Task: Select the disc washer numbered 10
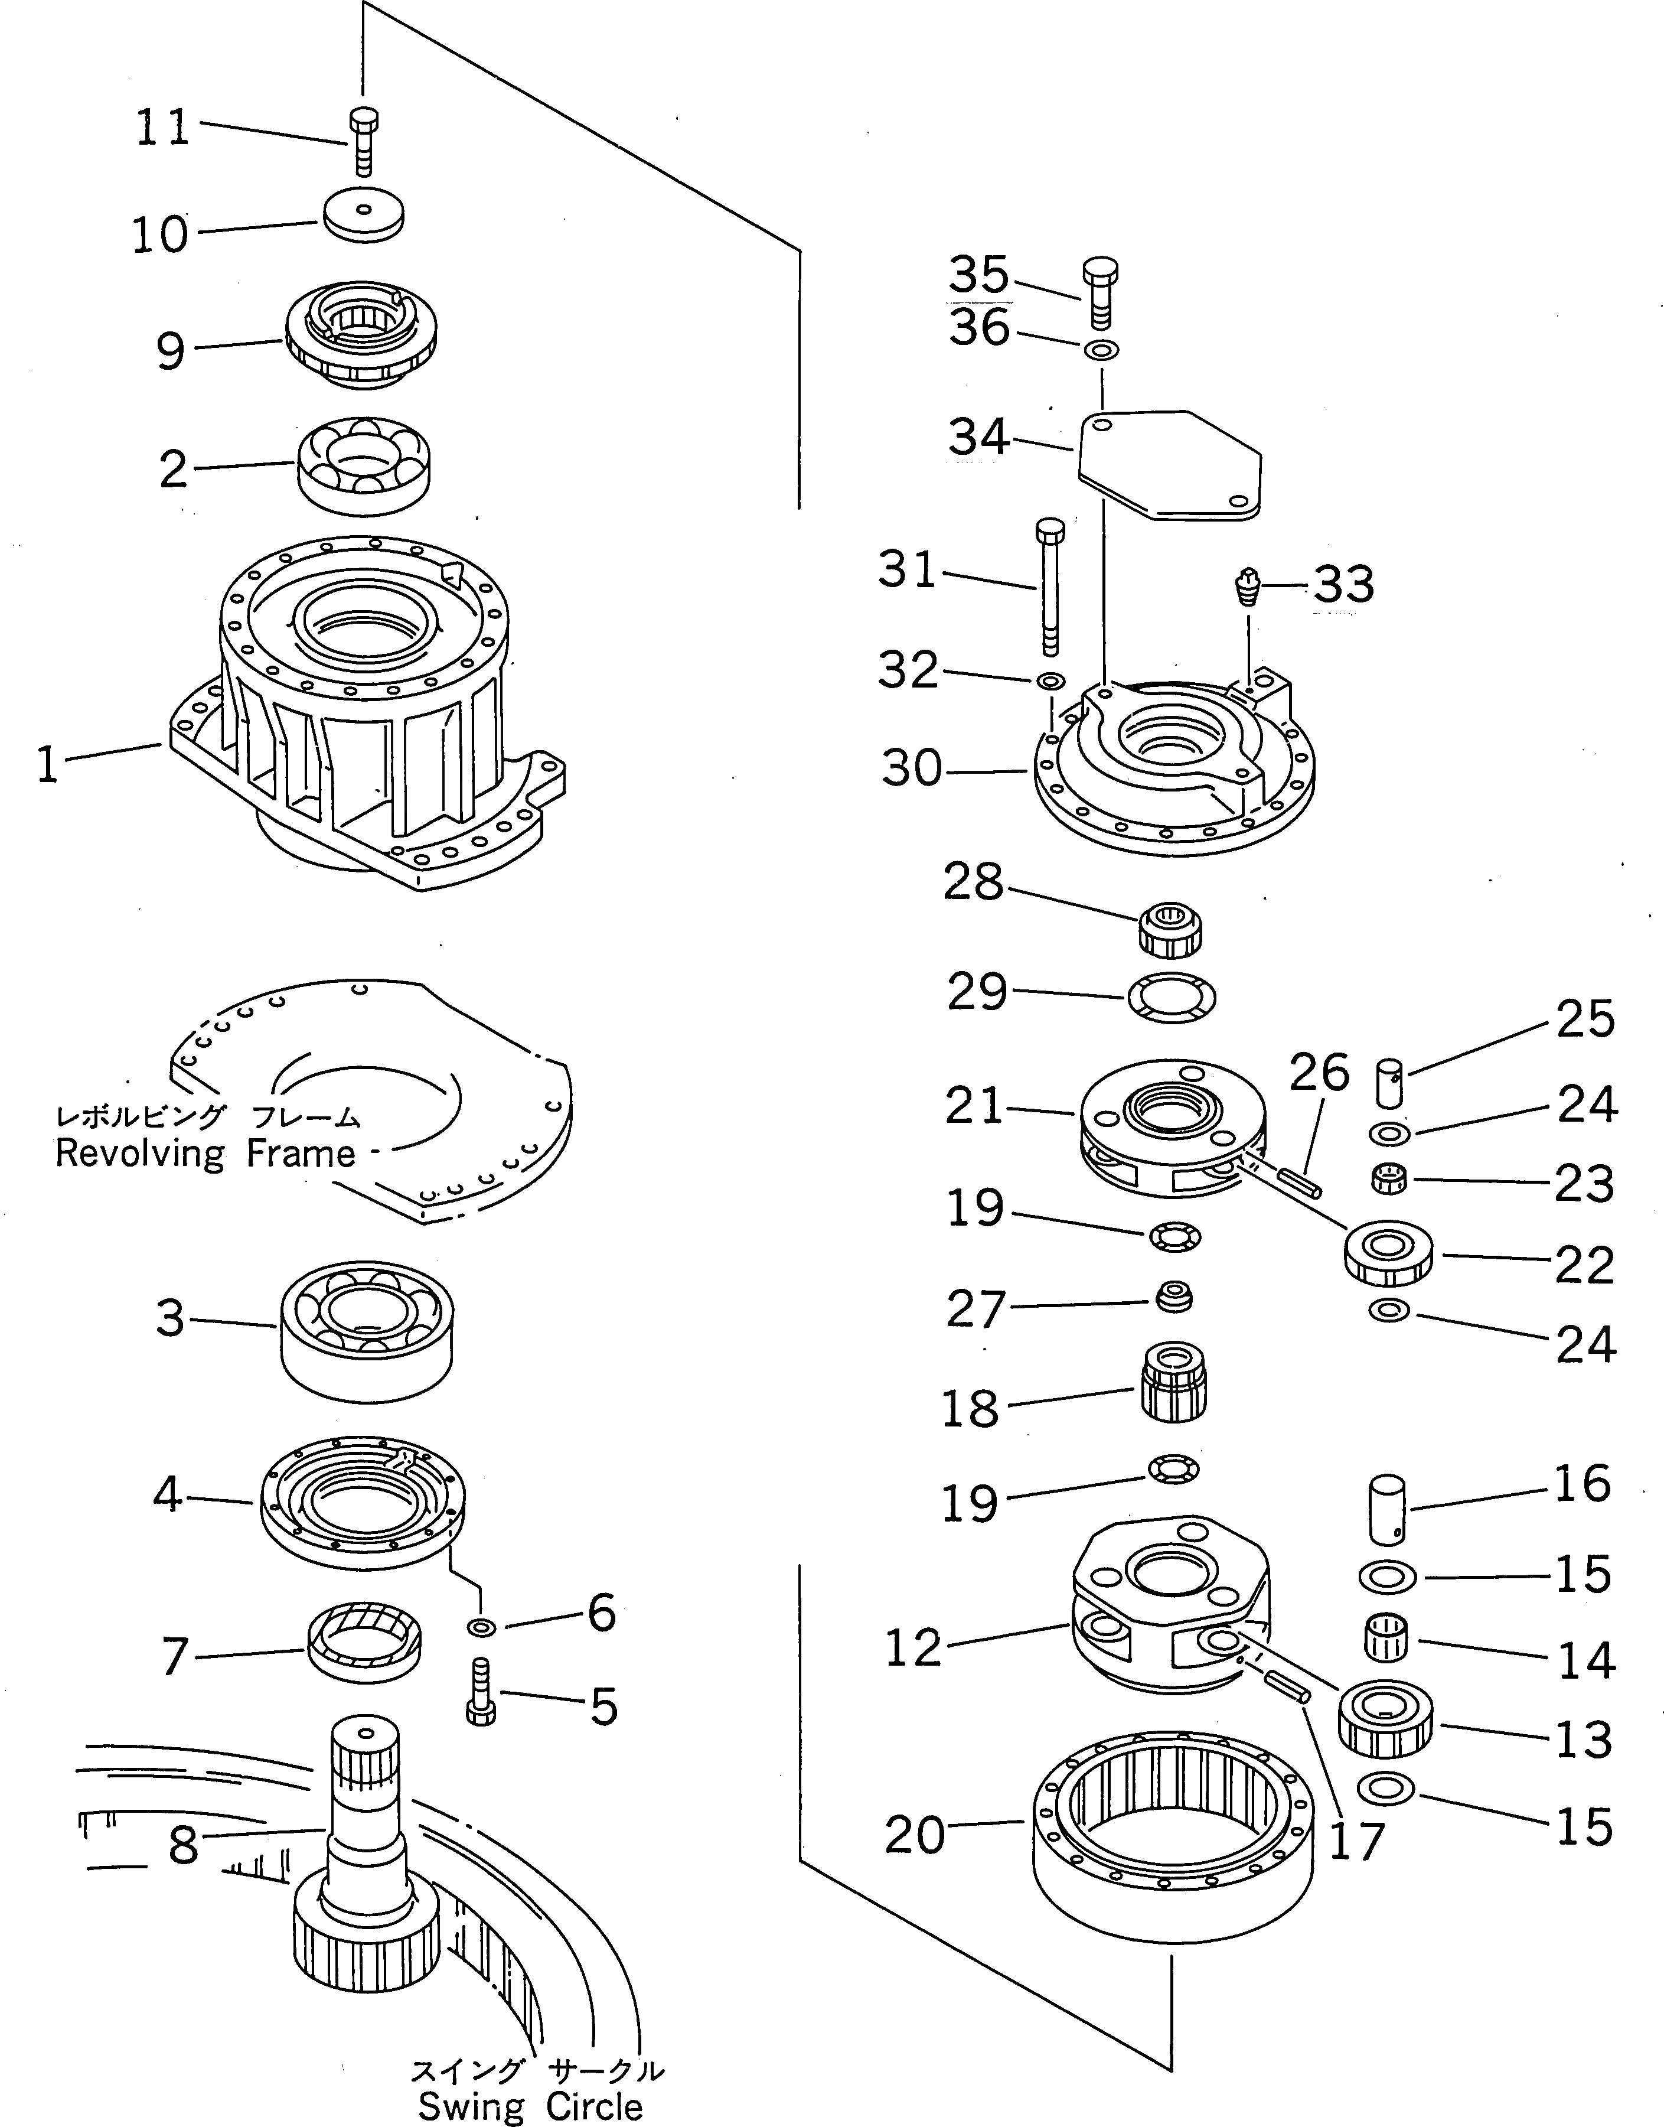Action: point(363,216)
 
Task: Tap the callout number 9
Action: point(171,351)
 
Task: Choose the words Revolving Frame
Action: point(205,1154)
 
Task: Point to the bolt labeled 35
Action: point(1099,294)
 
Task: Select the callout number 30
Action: point(912,769)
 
